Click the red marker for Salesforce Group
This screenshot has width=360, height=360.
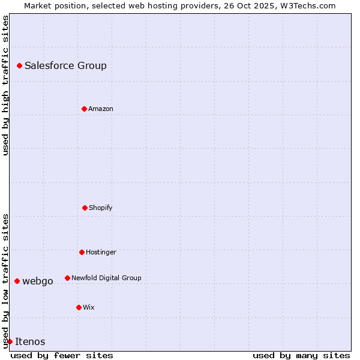(x=19, y=65)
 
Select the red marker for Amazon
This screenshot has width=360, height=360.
(x=84, y=109)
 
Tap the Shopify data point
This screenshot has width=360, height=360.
(x=85, y=208)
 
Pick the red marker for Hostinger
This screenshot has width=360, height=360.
(x=82, y=252)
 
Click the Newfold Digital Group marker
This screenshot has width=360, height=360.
(x=67, y=278)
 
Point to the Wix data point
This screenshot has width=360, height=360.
(x=79, y=307)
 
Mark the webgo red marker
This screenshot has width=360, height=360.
(x=17, y=281)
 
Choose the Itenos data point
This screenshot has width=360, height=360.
(x=10, y=341)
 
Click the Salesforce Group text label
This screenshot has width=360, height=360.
(x=65, y=65)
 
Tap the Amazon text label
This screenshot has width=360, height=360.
(x=101, y=109)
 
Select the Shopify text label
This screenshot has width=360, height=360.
(x=101, y=208)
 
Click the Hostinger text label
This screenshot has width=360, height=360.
(x=101, y=252)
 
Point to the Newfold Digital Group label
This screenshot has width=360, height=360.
(x=106, y=278)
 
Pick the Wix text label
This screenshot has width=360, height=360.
(x=89, y=307)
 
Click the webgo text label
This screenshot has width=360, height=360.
(x=38, y=281)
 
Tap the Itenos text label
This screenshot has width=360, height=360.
(x=30, y=341)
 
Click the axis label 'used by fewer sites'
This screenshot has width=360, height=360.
(x=62, y=355)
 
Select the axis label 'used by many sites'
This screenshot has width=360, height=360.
(x=301, y=355)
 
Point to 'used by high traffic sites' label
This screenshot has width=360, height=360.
(x=5, y=85)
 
